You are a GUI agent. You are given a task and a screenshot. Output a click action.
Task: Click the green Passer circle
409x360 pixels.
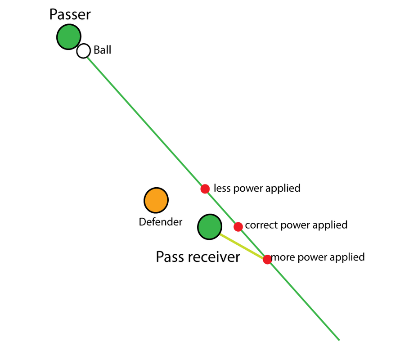[68, 37]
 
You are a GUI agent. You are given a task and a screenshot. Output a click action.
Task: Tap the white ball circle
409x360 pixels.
[83, 51]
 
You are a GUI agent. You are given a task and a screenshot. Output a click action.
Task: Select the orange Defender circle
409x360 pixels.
[156, 200]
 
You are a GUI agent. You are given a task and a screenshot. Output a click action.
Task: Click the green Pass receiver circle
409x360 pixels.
[209, 226]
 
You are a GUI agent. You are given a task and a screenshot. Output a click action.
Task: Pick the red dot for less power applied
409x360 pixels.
[205, 189]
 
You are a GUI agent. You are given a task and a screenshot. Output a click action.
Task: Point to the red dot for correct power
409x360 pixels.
[238, 226]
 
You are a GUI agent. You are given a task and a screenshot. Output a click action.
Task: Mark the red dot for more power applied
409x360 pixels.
[267, 259]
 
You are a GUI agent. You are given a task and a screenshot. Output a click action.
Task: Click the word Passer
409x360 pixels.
[70, 14]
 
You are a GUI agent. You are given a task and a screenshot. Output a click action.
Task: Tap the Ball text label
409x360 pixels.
[102, 50]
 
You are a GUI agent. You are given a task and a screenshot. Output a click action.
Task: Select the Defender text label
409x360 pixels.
[161, 222]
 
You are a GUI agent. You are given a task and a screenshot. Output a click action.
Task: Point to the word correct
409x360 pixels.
[261, 225]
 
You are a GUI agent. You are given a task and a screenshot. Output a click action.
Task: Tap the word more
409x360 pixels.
[283, 257]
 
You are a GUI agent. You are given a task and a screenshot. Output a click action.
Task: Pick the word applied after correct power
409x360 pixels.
[330, 225]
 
